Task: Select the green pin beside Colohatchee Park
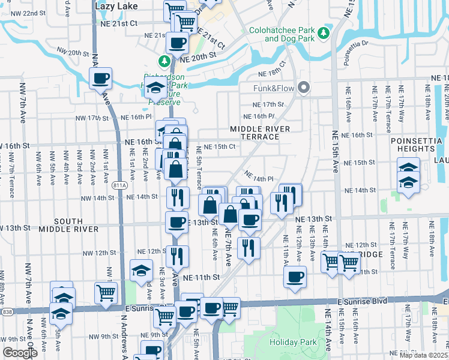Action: (325, 31)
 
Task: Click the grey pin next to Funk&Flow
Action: (304, 88)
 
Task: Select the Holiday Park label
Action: (292, 342)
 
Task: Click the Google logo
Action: (19, 353)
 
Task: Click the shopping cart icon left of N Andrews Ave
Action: (106, 293)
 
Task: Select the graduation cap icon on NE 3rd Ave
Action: (142, 271)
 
